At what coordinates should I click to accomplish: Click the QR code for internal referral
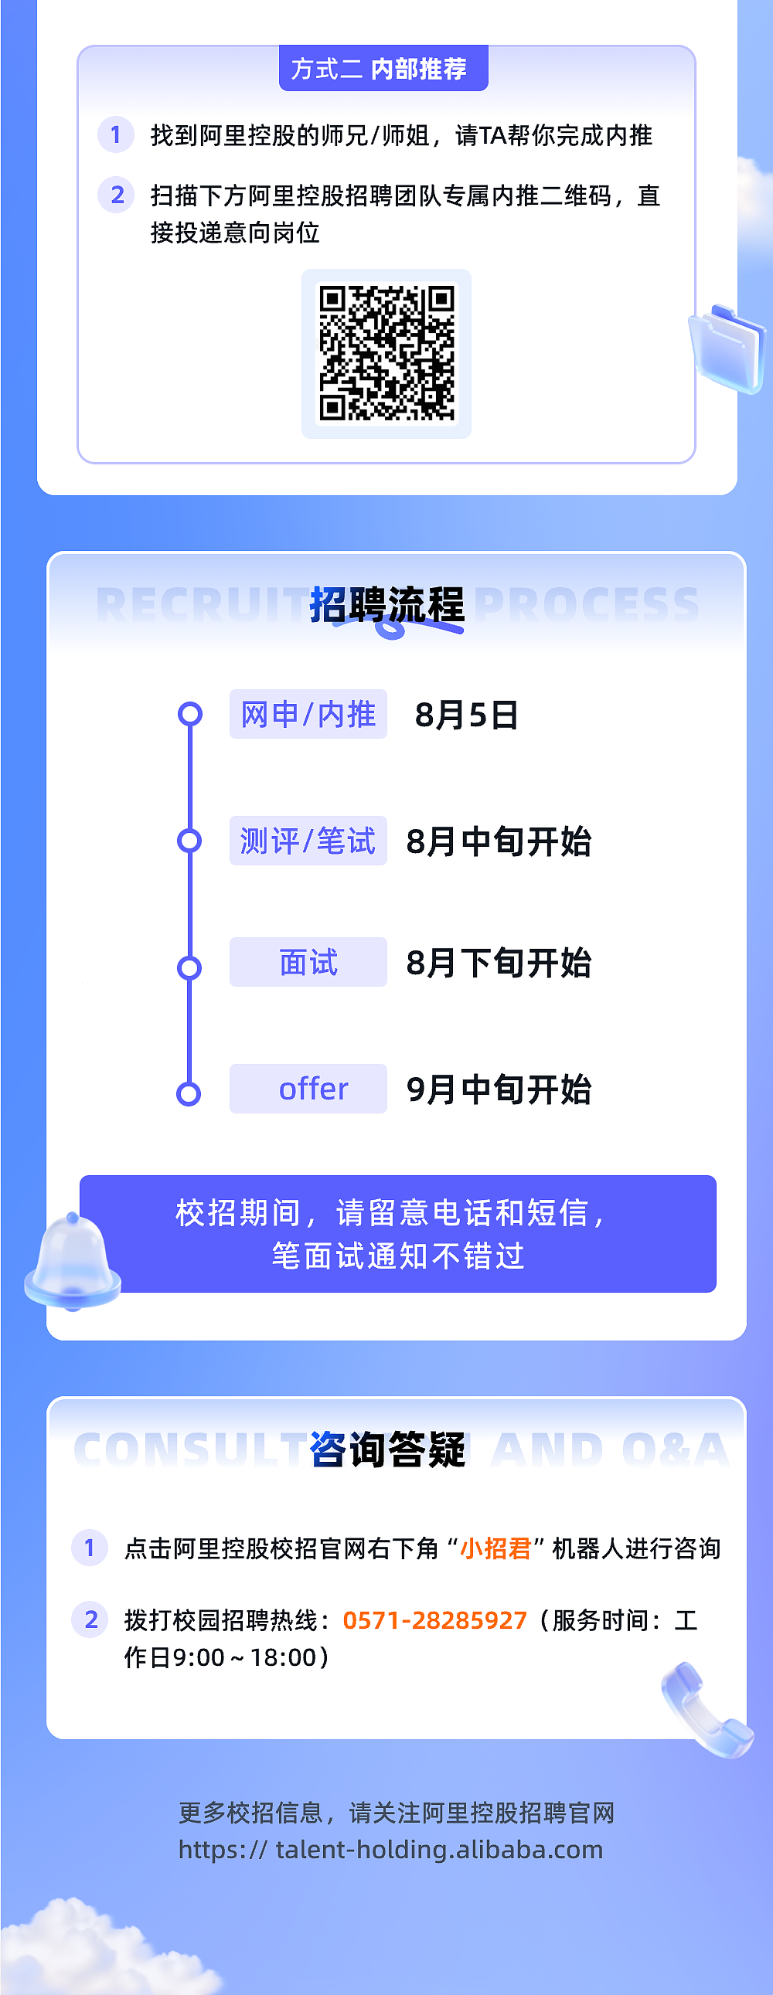tap(386, 353)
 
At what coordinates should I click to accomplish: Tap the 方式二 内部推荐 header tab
tap(383, 69)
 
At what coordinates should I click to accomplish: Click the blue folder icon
tap(727, 348)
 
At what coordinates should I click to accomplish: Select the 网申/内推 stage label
tap(308, 714)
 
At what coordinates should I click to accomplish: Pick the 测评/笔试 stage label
tap(308, 841)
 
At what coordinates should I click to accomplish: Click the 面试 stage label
tap(308, 962)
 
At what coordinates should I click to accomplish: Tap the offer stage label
tap(308, 1088)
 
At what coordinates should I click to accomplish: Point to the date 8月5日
tap(466, 715)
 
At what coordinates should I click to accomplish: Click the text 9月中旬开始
tap(499, 1089)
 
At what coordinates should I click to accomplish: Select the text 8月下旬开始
tap(499, 964)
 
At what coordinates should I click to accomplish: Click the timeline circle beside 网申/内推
tap(189, 714)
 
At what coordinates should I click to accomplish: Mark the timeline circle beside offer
tap(189, 1093)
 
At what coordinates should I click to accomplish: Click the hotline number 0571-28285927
tap(434, 1620)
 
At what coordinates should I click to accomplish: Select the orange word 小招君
tap(495, 1548)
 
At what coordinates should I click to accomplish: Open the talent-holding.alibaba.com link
tap(390, 1850)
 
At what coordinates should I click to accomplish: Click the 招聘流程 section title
tap(387, 605)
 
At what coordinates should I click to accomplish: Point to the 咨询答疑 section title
tap(387, 1449)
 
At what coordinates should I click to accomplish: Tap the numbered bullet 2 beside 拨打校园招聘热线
tap(90, 1619)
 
